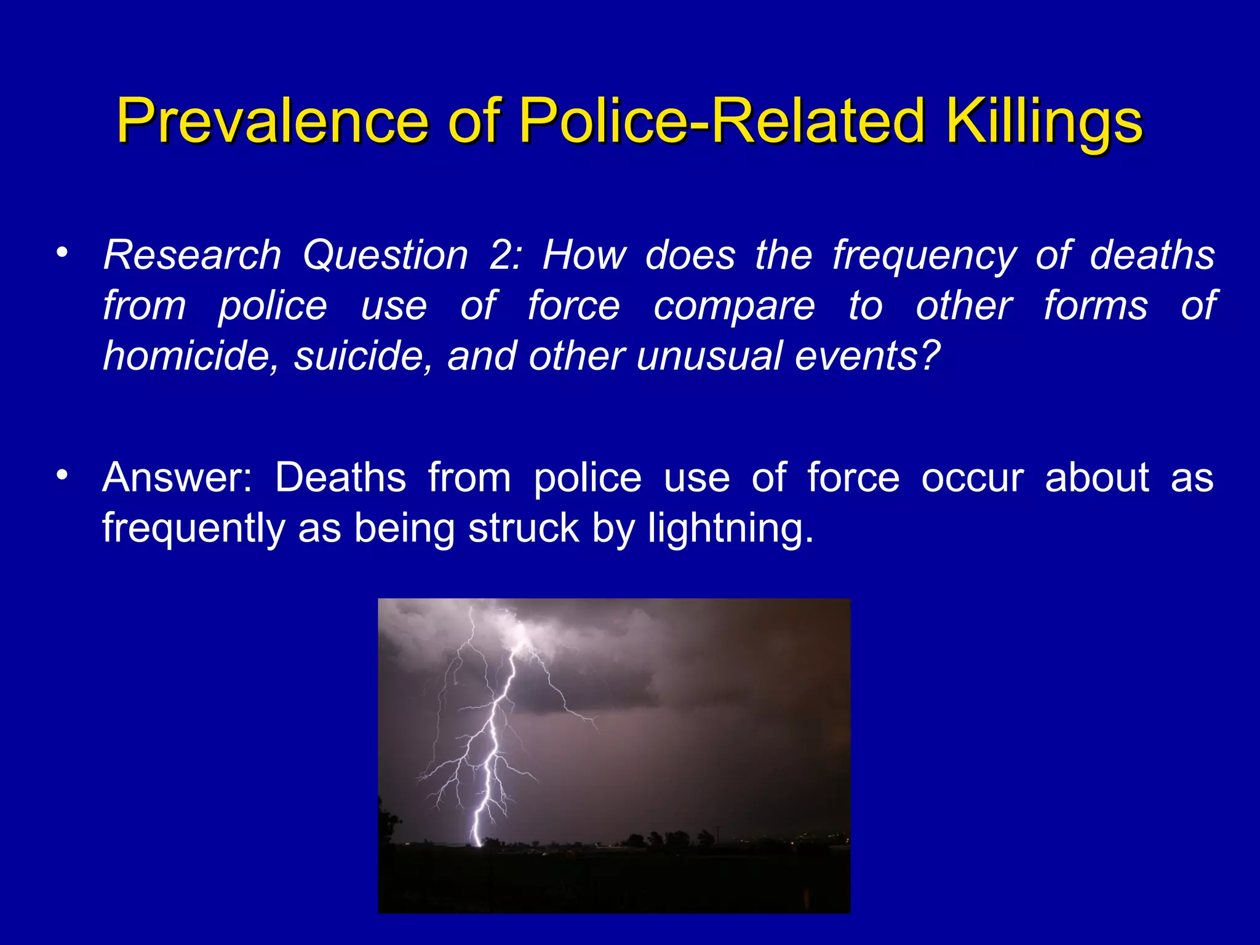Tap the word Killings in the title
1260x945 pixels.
click(x=1044, y=121)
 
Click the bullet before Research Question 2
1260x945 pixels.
click(x=61, y=253)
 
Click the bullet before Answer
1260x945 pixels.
click(x=61, y=475)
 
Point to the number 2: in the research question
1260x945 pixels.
click(x=504, y=255)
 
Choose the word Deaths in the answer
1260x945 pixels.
click(x=340, y=477)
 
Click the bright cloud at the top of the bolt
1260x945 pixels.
click(x=523, y=634)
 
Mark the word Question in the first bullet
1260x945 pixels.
click(x=385, y=255)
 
